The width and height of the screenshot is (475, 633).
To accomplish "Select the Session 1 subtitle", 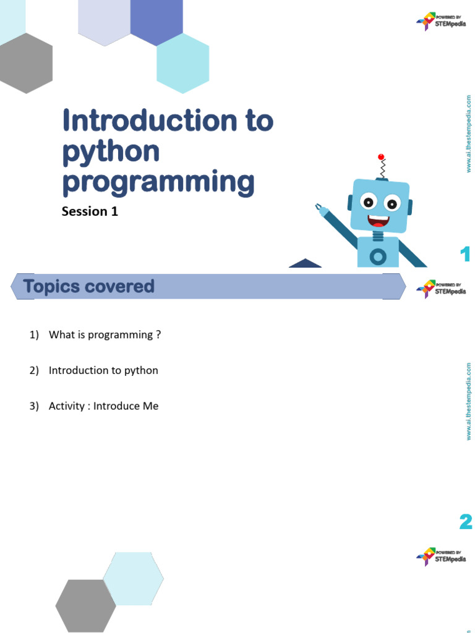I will [90, 211].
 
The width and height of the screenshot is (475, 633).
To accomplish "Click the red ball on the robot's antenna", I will [381, 156].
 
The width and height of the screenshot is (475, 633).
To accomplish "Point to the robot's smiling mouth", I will [378, 219].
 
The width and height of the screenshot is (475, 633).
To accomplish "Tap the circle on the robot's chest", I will [378, 256].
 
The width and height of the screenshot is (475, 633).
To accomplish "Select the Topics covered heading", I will [88, 286].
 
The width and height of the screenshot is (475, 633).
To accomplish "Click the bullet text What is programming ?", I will [105, 334].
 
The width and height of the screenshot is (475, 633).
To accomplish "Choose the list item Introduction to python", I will [103, 370].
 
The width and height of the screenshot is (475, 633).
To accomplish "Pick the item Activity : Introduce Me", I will [104, 406].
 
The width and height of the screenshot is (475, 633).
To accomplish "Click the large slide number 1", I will [465, 254].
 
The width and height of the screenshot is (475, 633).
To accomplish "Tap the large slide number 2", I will [466, 522].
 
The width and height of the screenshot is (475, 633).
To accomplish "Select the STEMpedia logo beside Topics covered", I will [440, 288].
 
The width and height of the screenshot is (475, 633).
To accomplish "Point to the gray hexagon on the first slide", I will [26, 63].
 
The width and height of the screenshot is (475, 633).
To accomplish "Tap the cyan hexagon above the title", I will [182, 63].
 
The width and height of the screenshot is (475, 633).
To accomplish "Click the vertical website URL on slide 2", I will [469, 402].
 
